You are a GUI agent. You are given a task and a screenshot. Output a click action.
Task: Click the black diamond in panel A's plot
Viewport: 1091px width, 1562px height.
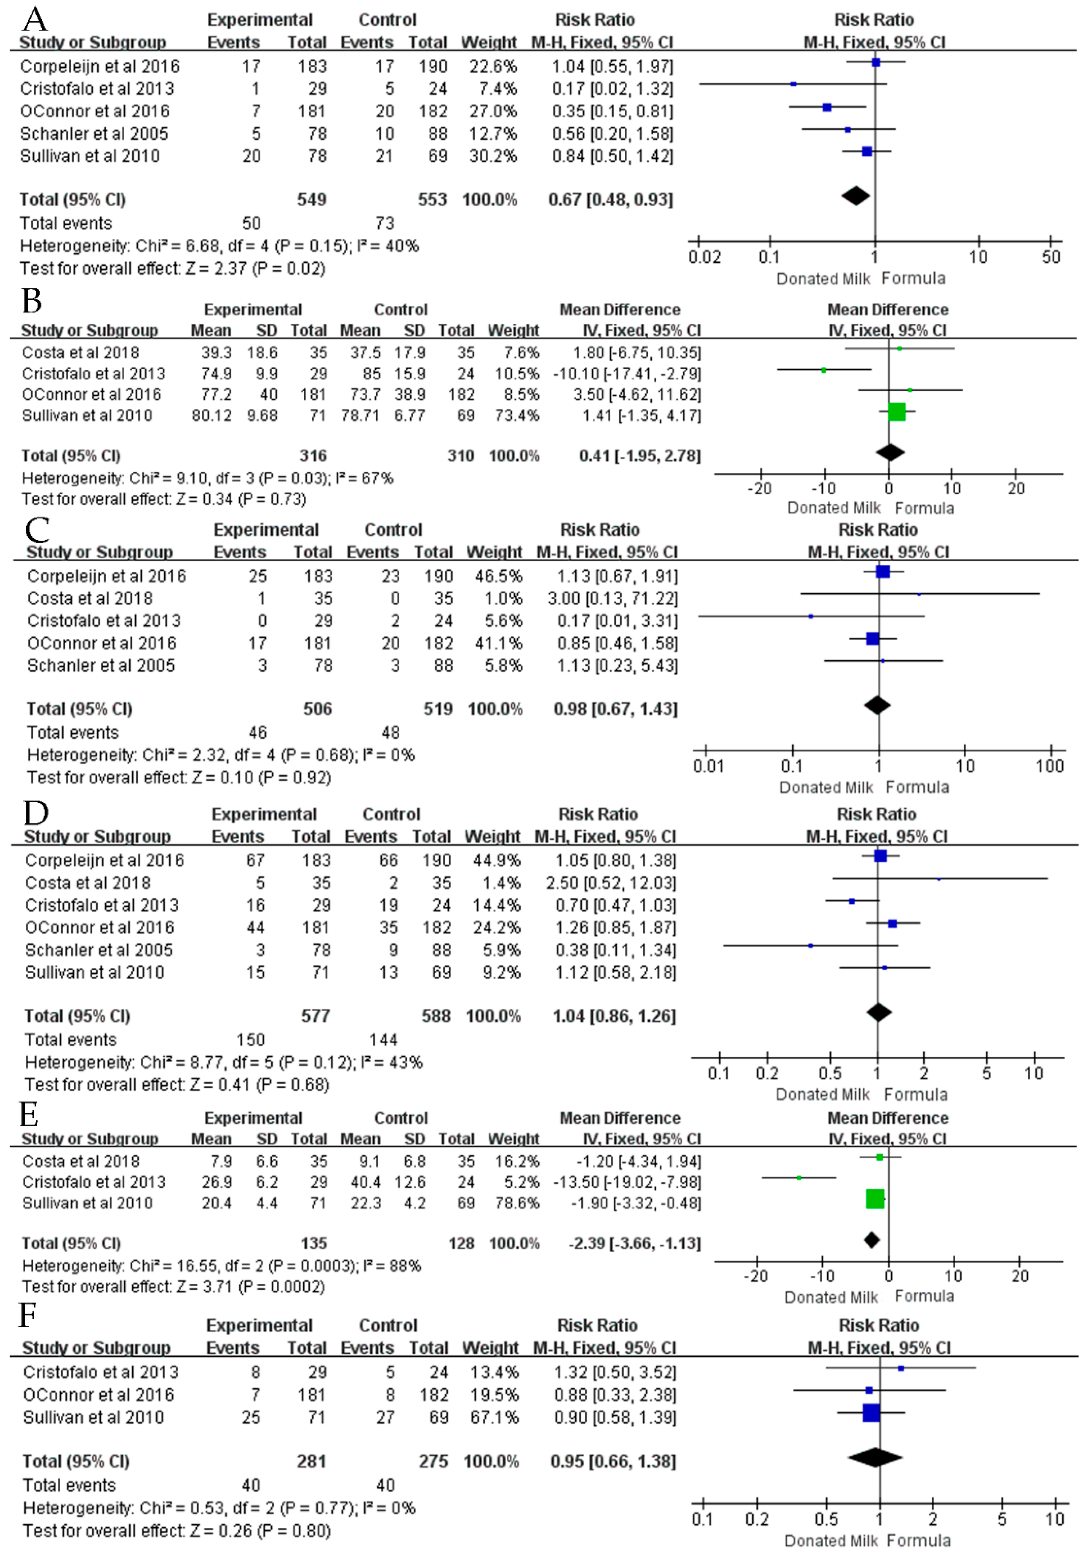tap(856, 196)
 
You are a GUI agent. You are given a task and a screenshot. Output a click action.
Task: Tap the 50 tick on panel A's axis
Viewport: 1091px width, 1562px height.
tap(1051, 257)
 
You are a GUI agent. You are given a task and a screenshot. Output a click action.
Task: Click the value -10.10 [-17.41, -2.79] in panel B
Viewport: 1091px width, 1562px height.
tap(627, 373)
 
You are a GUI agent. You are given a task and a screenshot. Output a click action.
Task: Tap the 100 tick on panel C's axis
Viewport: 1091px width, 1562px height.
tap(1050, 766)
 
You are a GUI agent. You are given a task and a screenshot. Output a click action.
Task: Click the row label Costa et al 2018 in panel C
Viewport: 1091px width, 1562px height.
tap(90, 599)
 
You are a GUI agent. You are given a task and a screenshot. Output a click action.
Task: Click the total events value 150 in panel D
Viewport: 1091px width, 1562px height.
tap(250, 1040)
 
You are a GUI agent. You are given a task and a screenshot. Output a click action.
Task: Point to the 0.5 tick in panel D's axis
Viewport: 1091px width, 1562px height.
tap(830, 1074)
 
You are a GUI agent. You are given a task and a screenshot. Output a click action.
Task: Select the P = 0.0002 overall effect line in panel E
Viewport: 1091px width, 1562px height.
tap(173, 1287)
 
